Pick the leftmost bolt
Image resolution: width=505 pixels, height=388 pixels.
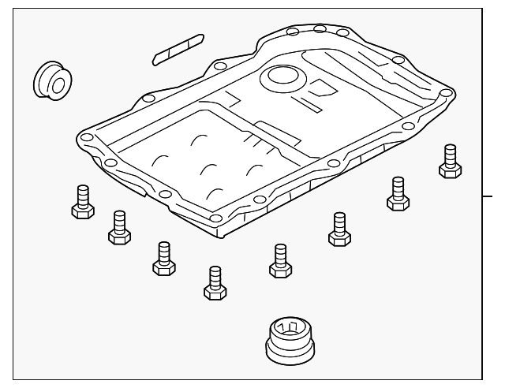click(x=82, y=202)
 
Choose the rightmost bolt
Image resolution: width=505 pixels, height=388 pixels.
click(x=450, y=161)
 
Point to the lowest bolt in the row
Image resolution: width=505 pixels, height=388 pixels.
click(x=215, y=282)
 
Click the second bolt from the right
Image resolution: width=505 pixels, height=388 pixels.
click(x=398, y=192)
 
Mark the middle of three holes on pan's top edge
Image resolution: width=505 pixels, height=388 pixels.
click(x=320, y=29)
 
